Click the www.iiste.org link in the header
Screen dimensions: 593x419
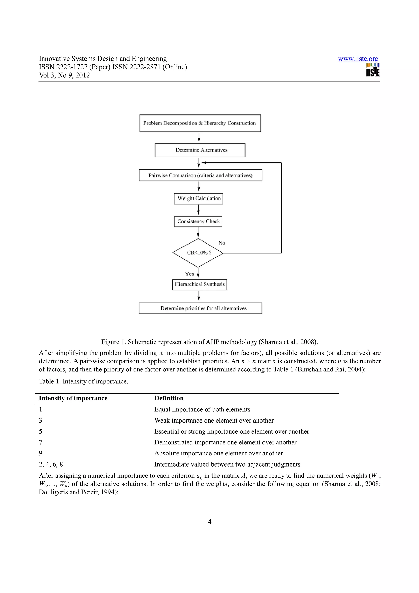(358, 59)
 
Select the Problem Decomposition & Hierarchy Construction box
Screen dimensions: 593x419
(200, 123)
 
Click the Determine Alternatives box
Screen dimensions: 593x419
(200, 150)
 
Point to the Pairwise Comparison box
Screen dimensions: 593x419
(200, 175)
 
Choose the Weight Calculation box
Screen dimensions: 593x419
(198, 199)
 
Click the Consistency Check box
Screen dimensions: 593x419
(198, 221)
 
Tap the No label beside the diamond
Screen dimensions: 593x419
(222, 243)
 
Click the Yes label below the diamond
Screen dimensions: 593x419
(189, 274)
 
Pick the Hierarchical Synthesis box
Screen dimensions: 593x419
(199, 284)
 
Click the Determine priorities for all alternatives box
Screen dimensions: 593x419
(200, 308)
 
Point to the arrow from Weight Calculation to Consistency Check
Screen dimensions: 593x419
(198, 210)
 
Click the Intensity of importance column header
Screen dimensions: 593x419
(73, 398)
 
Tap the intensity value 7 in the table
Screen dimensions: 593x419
(41, 442)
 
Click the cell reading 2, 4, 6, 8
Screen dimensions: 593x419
(51, 464)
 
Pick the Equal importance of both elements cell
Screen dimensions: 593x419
(202, 410)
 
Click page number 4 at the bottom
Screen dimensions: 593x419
(209, 522)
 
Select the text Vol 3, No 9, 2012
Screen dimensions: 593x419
(64, 75)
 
